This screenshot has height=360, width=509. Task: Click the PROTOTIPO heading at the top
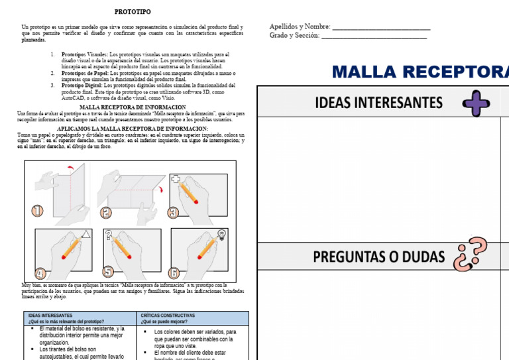(133, 12)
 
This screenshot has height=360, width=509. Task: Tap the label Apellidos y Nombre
(300, 27)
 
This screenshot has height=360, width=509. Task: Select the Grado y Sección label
(294, 36)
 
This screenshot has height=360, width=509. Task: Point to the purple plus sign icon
(476, 103)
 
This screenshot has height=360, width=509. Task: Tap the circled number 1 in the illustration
(36, 211)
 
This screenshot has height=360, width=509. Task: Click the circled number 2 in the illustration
(106, 213)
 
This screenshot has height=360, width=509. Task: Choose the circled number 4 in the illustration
(40, 272)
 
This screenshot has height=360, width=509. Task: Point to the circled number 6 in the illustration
(174, 272)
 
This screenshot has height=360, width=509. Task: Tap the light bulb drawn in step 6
(221, 233)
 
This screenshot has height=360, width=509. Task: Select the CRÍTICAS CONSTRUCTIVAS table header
(168, 316)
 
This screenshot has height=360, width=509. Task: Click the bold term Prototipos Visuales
(84, 54)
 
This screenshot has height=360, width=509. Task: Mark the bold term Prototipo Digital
(82, 86)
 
